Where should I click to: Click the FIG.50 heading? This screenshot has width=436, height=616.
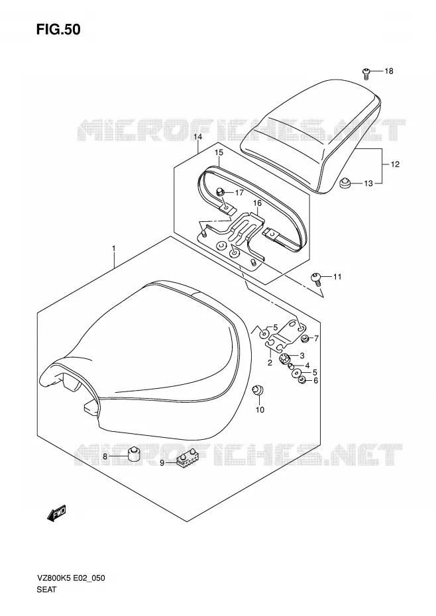(58, 29)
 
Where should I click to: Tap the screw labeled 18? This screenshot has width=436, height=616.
(366, 73)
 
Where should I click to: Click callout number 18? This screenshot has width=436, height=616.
(389, 71)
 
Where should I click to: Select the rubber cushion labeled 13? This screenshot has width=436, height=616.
(345, 183)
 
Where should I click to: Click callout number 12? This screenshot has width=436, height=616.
(395, 164)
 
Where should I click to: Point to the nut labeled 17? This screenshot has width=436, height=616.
(220, 192)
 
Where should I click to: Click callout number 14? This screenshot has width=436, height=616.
(197, 136)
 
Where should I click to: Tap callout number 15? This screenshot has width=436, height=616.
(219, 152)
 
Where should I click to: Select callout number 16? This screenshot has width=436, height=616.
(257, 203)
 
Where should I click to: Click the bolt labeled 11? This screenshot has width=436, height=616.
(316, 278)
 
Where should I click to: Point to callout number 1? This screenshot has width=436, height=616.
(113, 248)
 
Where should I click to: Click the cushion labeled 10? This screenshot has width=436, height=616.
(257, 391)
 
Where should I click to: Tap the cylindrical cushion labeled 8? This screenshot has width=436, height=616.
(135, 454)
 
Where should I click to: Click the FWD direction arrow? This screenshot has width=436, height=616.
(56, 513)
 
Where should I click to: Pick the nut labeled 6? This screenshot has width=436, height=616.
(302, 380)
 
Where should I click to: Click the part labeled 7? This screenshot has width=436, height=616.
(304, 338)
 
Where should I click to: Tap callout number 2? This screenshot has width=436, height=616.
(270, 362)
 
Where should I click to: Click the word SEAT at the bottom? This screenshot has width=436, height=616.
(47, 590)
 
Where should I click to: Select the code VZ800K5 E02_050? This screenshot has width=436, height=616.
(71, 578)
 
